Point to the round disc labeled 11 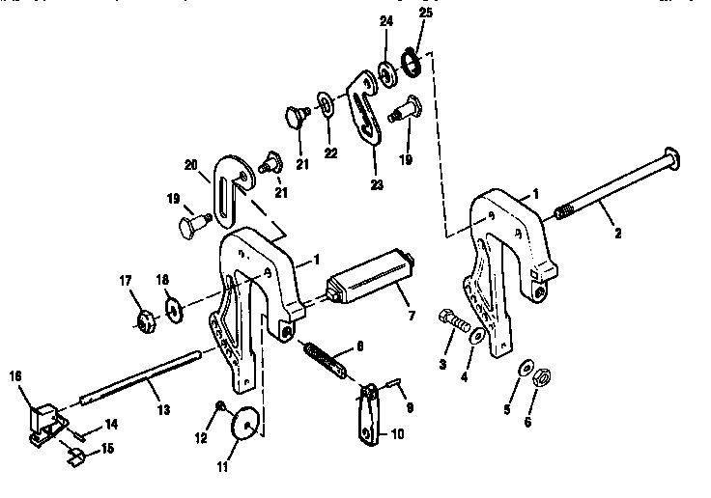tap(245, 422)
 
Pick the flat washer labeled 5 tap(524, 368)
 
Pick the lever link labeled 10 tap(369, 422)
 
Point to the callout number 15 tap(108, 448)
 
